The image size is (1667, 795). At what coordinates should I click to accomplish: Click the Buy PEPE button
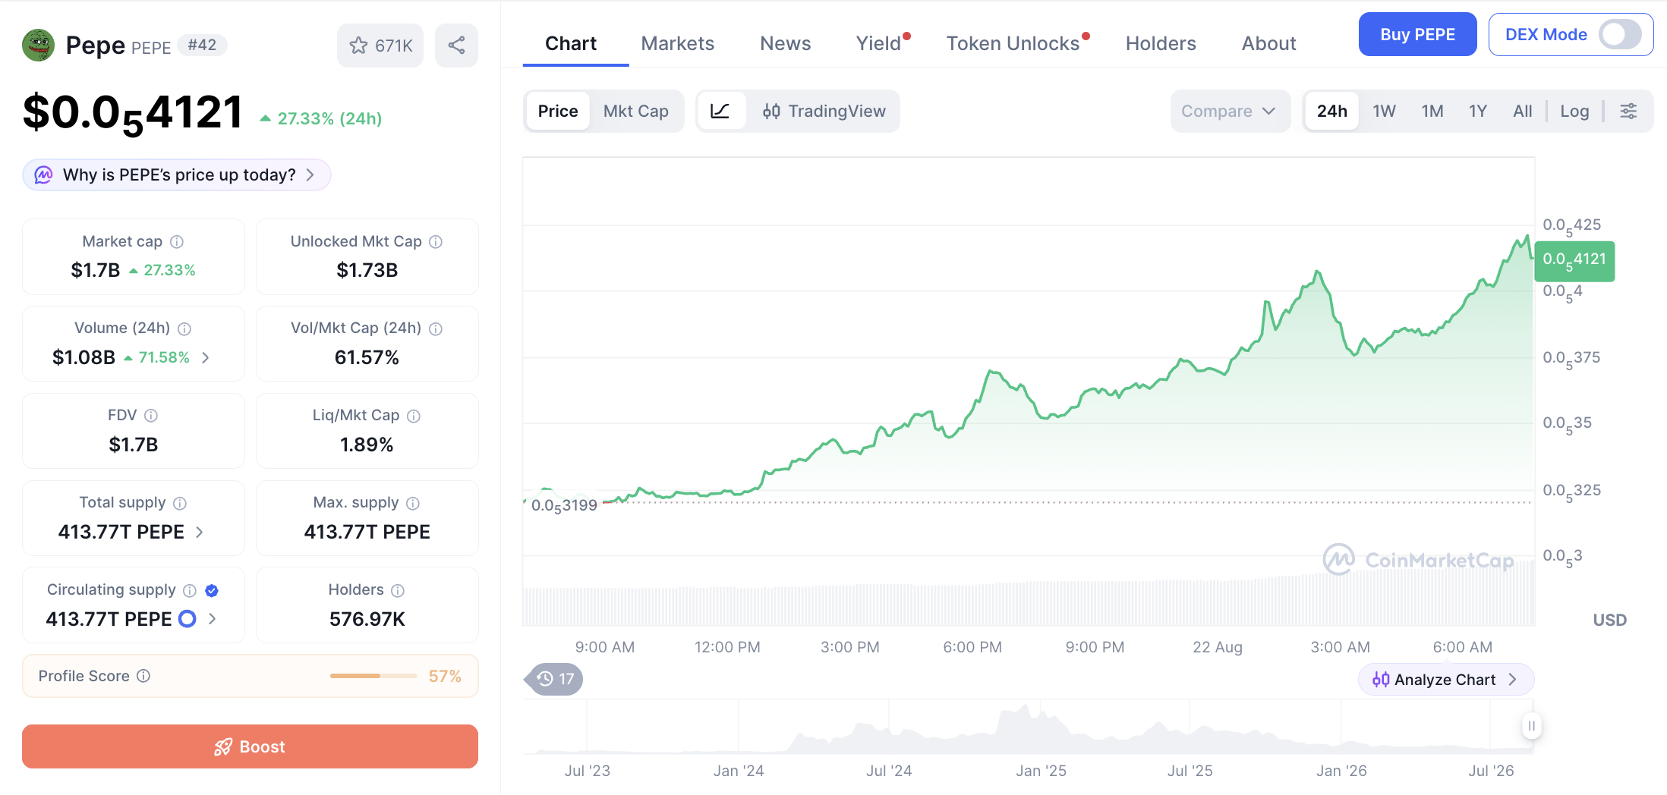click(1417, 34)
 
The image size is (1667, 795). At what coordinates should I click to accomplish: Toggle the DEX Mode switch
click(1620, 34)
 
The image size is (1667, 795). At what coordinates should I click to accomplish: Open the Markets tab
click(677, 43)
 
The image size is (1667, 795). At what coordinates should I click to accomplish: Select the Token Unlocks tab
click(1013, 43)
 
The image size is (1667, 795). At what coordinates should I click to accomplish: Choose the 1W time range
click(1384, 111)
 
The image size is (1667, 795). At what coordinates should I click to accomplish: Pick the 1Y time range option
click(1477, 111)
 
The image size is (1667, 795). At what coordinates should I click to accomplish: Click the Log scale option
click(1574, 111)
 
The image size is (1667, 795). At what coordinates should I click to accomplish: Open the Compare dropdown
click(1230, 111)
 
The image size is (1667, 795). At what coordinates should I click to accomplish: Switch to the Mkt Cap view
click(636, 111)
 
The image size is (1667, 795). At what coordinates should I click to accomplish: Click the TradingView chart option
click(824, 111)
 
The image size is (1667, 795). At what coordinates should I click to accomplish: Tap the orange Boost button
click(250, 746)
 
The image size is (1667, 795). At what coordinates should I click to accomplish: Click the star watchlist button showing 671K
click(380, 46)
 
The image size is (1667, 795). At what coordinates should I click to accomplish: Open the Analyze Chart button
click(1445, 679)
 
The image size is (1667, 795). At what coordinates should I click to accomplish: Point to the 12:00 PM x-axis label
click(727, 647)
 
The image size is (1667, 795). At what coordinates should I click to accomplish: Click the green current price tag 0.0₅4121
click(1574, 261)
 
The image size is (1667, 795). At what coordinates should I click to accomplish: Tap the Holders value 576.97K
click(367, 619)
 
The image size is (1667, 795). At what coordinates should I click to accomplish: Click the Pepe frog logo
click(38, 45)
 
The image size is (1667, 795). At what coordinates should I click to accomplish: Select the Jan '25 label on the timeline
click(1041, 771)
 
